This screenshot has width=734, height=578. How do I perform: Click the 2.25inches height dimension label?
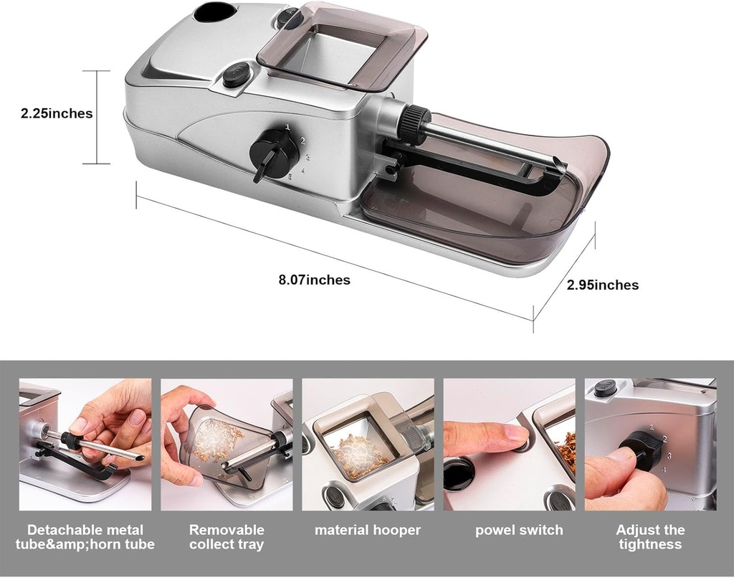[57, 113]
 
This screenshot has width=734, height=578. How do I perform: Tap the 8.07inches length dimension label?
[314, 280]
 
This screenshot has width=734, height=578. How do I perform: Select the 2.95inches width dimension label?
[602, 285]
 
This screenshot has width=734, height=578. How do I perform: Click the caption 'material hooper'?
[367, 531]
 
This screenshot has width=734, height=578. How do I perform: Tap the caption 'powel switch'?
[519, 531]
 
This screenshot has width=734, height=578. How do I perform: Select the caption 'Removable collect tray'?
[227, 537]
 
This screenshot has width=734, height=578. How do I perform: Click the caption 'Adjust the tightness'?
[650, 537]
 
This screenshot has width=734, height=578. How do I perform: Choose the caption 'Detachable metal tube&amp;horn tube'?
[85, 537]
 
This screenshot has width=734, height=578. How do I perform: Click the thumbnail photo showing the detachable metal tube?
[85, 445]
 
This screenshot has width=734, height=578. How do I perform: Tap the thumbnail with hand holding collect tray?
[227, 445]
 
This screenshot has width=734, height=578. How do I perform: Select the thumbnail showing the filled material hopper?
[368, 445]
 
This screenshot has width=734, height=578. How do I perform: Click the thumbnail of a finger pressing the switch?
[509, 445]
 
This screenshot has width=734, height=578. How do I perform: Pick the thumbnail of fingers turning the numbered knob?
[650, 445]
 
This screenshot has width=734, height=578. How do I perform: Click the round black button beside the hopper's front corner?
[236, 74]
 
